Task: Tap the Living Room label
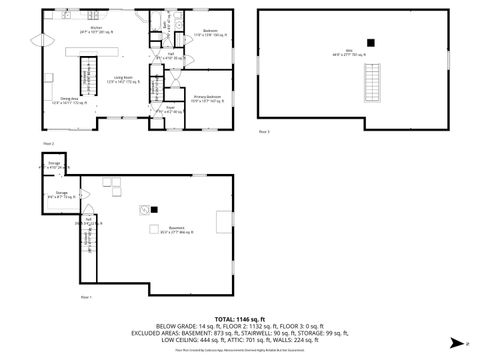click(x=124, y=79)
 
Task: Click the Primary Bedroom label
click(x=207, y=98)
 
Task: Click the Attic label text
click(x=350, y=54)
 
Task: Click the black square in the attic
click(x=370, y=42)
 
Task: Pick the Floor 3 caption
click(x=265, y=131)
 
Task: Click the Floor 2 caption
click(x=47, y=143)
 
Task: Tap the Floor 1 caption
click(x=86, y=297)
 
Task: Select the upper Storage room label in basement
click(x=54, y=164)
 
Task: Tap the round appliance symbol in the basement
click(x=144, y=209)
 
